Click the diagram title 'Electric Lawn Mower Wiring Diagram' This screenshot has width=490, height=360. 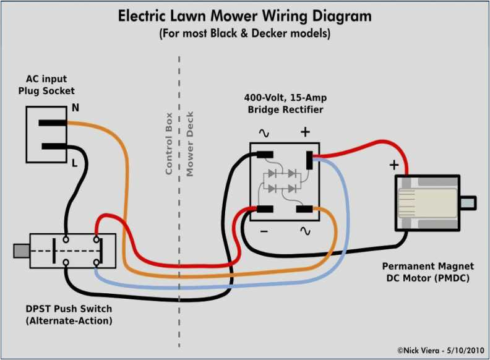tap(245, 15)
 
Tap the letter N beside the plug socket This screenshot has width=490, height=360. tap(75, 108)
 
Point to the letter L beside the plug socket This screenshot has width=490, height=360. tap(75, 163)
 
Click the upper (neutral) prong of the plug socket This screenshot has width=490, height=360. tap(53, 122)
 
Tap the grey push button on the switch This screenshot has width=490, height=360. tap(21, 251)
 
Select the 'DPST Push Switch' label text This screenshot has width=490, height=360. tap(61, 309)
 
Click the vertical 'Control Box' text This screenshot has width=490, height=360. tap(168, 143)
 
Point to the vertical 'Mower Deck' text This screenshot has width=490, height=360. tap(190, 144)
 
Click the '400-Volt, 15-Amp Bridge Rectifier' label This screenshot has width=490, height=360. tap(285, 104)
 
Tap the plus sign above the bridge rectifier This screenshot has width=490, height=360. tap(304, 131)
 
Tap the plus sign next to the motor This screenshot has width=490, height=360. tap(393, 165)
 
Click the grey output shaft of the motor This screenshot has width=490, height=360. tap(468, 202)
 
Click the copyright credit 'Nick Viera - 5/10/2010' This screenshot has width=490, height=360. tap(437, 349)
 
